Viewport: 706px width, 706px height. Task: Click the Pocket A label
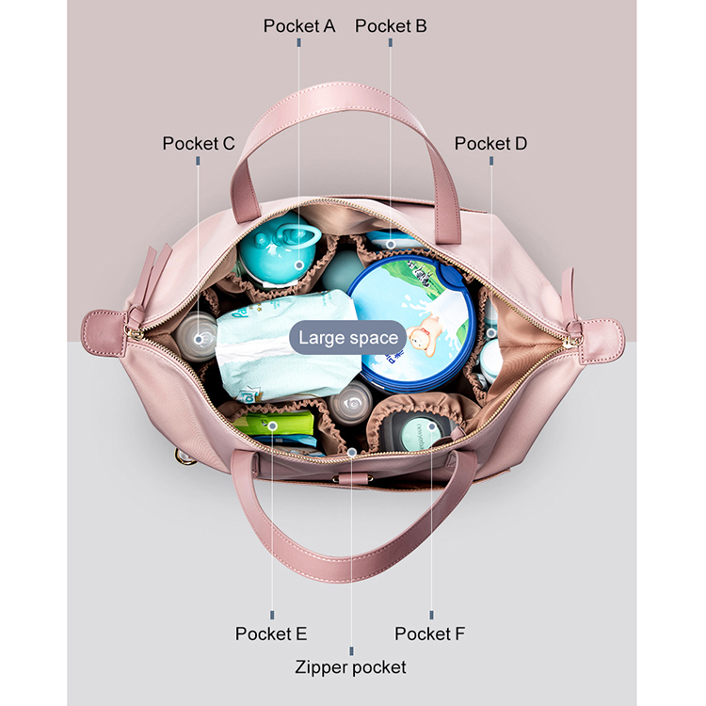[x=299, y=26]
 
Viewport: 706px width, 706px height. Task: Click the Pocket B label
[x=391, y=26]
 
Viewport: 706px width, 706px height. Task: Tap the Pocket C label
[x=198, y=143]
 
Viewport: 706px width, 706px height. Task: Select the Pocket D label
[x=490, y=143]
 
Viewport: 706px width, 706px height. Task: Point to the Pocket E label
[x=271, y=634]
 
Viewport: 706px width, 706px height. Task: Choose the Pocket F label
[x=430, y=634]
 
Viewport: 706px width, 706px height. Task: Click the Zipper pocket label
[x=351, y=666]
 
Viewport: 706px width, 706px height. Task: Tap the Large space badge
[x=348, y=338]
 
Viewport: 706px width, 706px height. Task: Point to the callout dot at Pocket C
[x=198, y=333]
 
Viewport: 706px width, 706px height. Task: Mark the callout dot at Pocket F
[x=432, y=426]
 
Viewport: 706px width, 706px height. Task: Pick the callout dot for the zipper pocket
[x=351, y=452]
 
